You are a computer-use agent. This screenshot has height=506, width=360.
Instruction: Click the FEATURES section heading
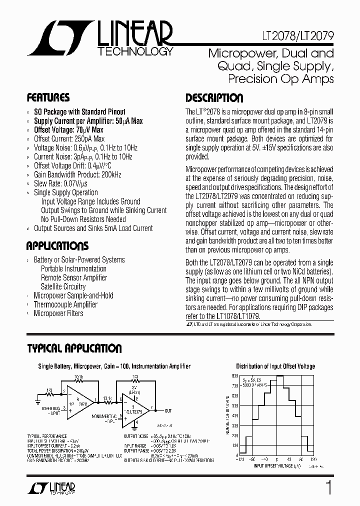[x=48, y=97]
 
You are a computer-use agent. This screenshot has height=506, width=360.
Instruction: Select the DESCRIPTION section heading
[x=214, y=98]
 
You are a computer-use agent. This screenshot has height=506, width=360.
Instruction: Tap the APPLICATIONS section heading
[x=57, y=246]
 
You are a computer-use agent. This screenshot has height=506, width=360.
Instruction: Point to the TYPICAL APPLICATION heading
[x=74, y=348]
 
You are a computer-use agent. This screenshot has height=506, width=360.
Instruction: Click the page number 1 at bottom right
[x=328, y=487]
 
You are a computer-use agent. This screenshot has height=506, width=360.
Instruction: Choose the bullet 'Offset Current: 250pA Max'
[x=69, y=139]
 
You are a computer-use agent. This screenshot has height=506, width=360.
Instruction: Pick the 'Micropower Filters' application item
[x=58, y=313]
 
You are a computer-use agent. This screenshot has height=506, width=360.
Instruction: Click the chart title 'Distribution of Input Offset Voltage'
[x=275, y=366]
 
